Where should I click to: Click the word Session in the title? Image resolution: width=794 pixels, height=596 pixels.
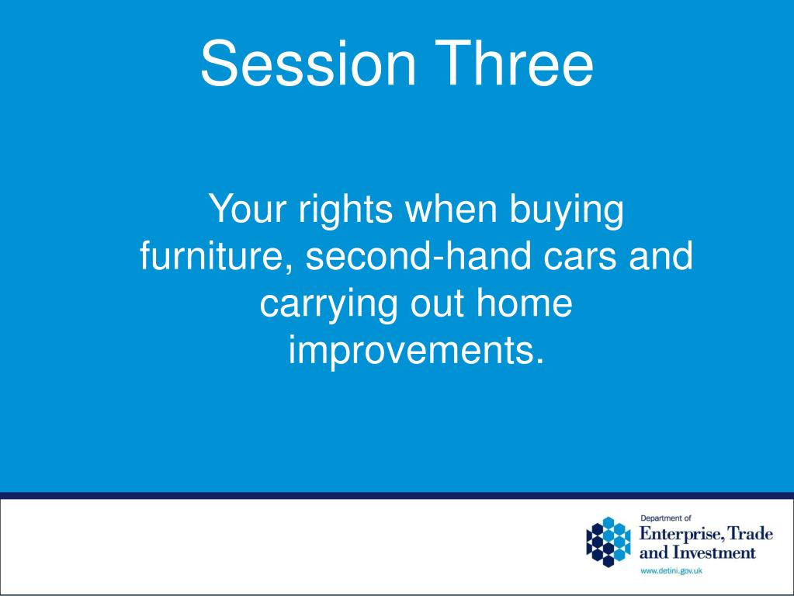tap(308, 64)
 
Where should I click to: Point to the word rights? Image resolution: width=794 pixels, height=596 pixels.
tap(345, 210)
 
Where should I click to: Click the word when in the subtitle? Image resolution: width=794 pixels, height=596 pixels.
tap(450, 209)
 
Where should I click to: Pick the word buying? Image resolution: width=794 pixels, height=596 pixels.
tap(566, 210)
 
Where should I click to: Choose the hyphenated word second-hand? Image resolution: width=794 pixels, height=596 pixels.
tap(418, 255)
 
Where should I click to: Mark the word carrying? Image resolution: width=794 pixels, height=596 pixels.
tap(328, 305)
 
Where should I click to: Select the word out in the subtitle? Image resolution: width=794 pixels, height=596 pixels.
tap(437, 305)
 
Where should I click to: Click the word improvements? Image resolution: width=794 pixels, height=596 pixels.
tap(416, 350)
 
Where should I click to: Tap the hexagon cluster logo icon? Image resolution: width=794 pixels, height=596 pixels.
tap(609, 542)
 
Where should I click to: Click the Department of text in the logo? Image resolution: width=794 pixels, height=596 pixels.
tap(665, 518)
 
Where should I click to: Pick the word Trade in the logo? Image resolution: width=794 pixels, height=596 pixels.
tap(750, 533)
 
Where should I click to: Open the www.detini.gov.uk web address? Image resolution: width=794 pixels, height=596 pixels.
tap(671, 571)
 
